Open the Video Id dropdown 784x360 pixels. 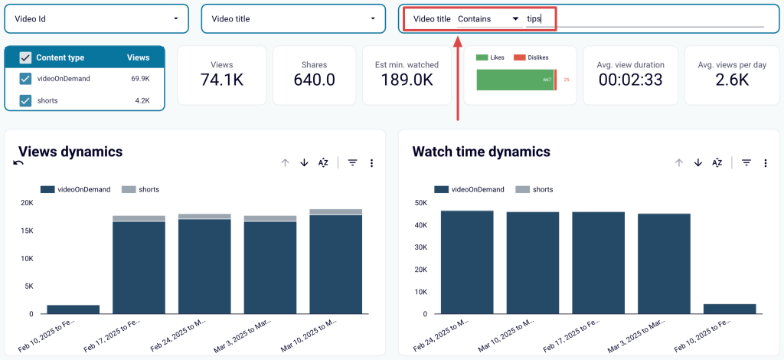click(x=96, y=18)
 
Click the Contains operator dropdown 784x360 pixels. click(x=488, y=18)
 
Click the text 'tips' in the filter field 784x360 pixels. click(x=534, y=18)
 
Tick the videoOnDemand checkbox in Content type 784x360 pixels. click(x=25, y=78)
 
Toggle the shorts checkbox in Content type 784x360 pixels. click(x=25, y=100)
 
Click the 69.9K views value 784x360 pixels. click(x=139, y=78)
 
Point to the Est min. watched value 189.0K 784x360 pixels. click(x=407, y=80)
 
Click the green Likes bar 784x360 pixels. click(x=514, y=79)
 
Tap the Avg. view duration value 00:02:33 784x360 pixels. click(x=630, y=80)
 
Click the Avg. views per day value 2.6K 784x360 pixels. click(x=732, y=80)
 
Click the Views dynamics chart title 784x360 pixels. click(x=70, y=152)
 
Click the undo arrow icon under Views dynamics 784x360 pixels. click(x=18, y=162)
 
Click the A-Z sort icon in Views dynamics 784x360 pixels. click(x=323, y=162)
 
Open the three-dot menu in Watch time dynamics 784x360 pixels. click(x=765, y=162)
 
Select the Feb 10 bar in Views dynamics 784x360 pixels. click(x=73, y=309)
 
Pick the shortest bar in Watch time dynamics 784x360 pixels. click(x=730, y=309)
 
